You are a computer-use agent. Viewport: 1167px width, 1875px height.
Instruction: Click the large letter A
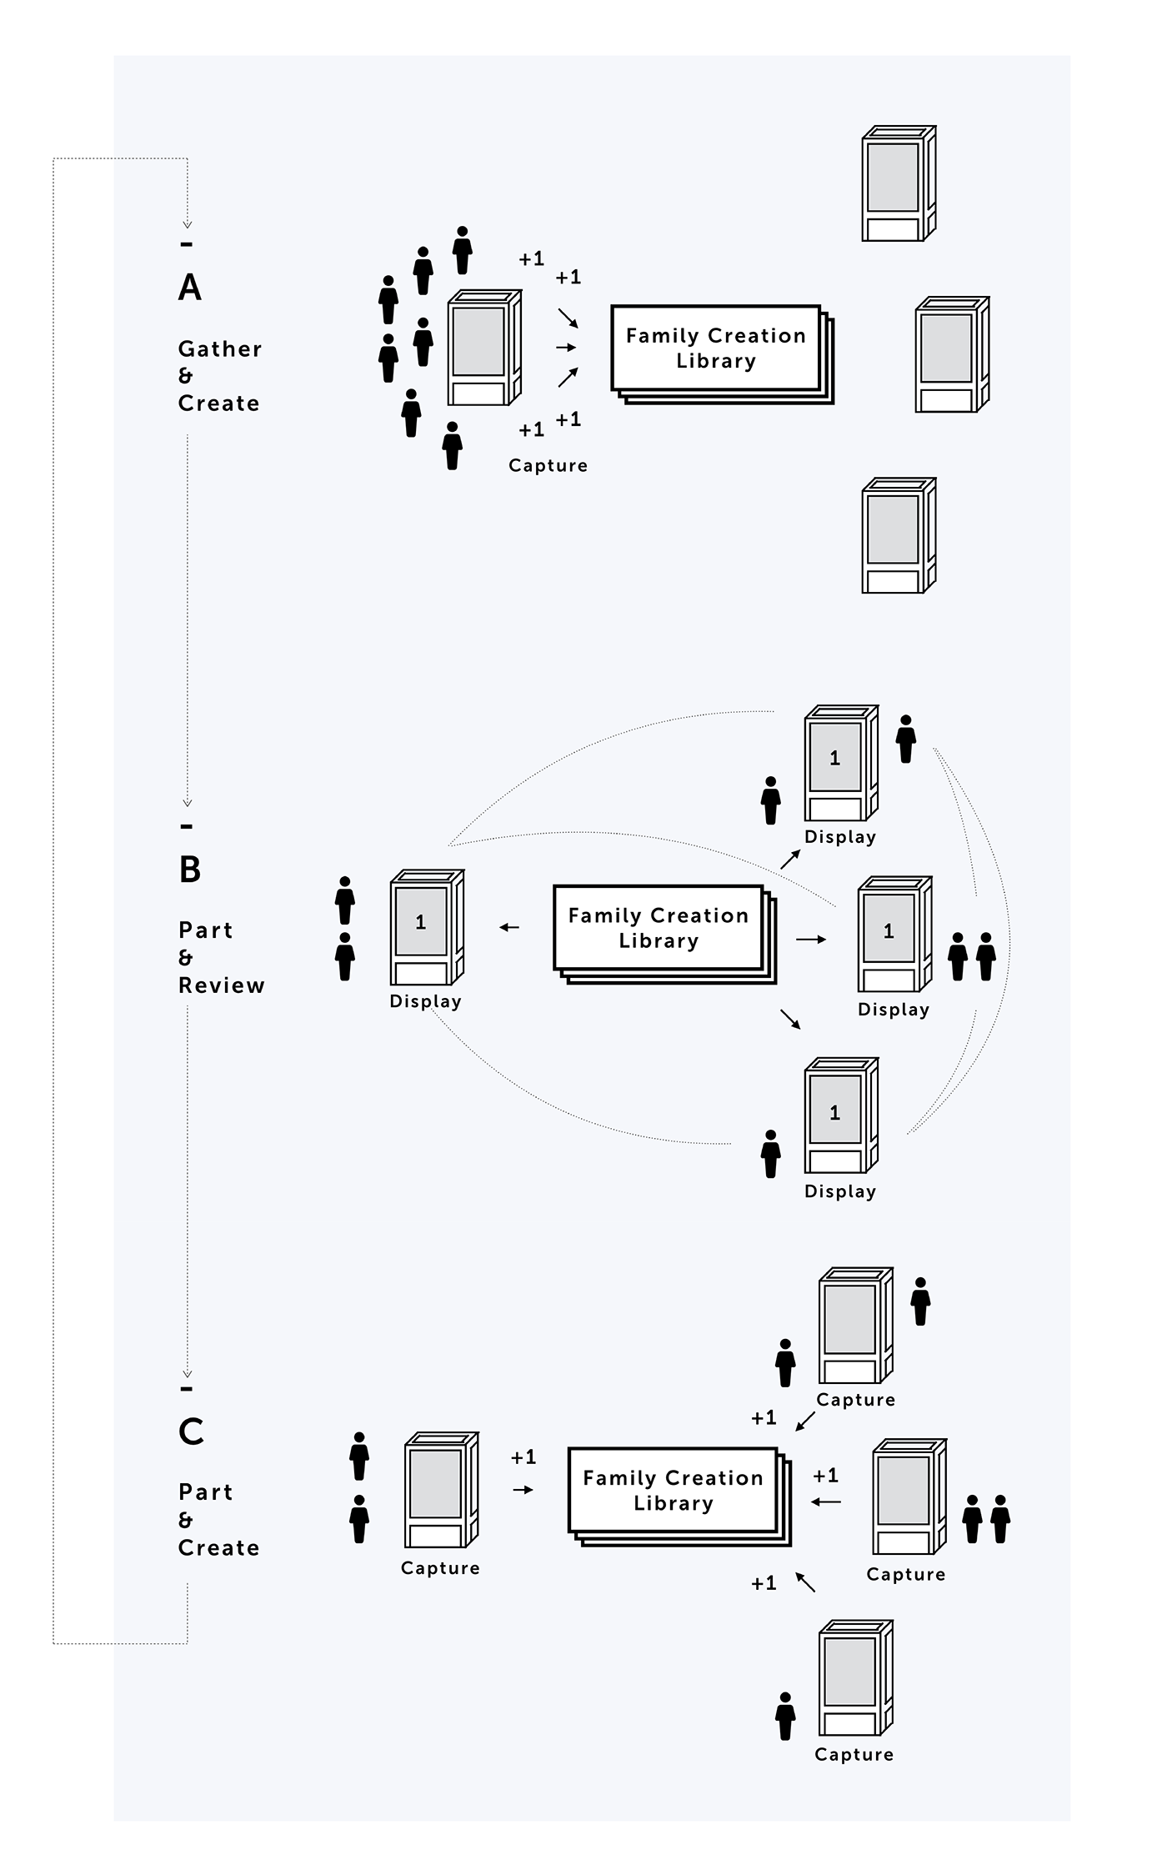pyautogui.click(x=190, y=288)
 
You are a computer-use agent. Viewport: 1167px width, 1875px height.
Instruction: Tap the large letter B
pyautogui.click(x=190, y=870)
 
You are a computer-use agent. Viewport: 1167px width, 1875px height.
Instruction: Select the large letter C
pyautogui.click(x=191, y=1432)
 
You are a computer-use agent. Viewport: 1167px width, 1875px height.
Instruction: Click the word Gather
pyautogui.click(x=220, y=349)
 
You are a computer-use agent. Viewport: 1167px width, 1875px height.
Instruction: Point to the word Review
pyautogui.click(x=222, y=985)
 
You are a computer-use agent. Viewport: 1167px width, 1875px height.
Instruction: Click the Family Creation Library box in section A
pyautogui.click(x=716, y=348)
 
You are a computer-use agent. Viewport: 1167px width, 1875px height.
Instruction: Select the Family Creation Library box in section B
pyautogui.click(x=659, y=928)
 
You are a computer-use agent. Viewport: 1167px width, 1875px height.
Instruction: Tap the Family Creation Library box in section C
pyautogui.click(x=673, y=1491)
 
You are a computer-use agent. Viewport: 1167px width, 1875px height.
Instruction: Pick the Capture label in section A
pyautogui.click(x=548, y=465)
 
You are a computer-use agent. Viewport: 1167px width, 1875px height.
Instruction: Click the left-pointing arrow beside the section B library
pyautogui.click(x=509, y=927)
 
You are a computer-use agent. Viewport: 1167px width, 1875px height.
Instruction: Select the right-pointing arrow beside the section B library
pyautogui.click(x=810, y=940)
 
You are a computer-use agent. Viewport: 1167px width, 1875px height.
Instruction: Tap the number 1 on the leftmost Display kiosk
pyautogui.click(x=421, y=922)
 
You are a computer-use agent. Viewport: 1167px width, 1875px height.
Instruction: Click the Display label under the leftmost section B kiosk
pyautogui.click(x=425, y=1001)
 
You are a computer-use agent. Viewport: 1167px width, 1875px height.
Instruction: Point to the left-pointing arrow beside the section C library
pyautogui.click(x=826, y=1502)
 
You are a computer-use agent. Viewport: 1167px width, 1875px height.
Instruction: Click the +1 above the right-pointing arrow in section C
pyautogui.click(x=523, y=1457)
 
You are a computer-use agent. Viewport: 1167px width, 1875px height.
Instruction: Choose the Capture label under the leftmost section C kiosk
pyautogui.click(x=440, y=1568)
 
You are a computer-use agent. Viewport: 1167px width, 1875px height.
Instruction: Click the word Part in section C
pyautogui.click(x=206, y=1492)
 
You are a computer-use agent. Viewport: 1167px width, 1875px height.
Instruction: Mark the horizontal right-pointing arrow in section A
pyautogui.click(x=566, y=347)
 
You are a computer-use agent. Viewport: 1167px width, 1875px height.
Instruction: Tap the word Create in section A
pyautogui.click(x=219, y=404)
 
